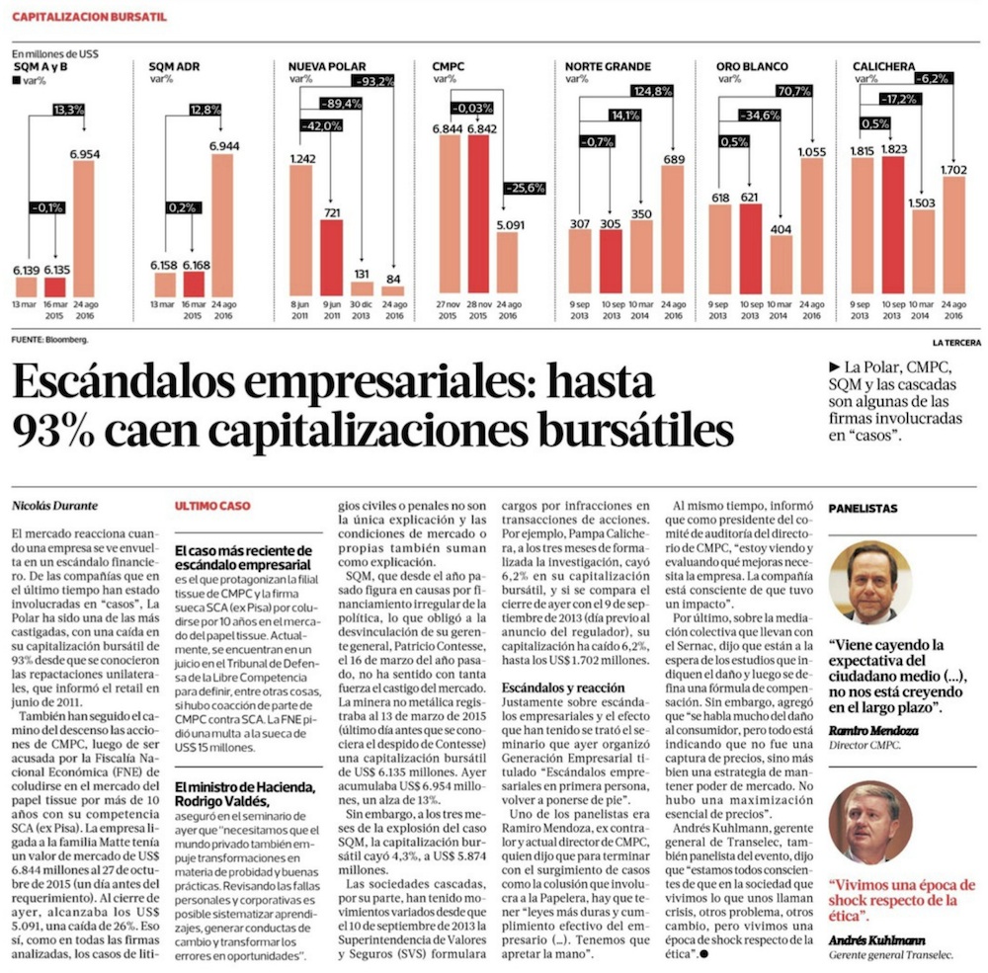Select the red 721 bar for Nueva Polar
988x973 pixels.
pyautogui.click(x=330, y=257)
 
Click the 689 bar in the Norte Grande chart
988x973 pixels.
pyautogui.click(x=673, y=235)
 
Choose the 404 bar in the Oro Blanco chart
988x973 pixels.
pyautogui.click(x=781, y=266)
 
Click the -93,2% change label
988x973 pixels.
pyautogui.click(x=374, y=80)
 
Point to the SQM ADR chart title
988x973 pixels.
pyautogui.click(x=174, y=65)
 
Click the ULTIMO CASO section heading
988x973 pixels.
pyautogui.click(x=212, y=506)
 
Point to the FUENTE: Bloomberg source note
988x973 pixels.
pyautogui.click(x=49, y=339)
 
